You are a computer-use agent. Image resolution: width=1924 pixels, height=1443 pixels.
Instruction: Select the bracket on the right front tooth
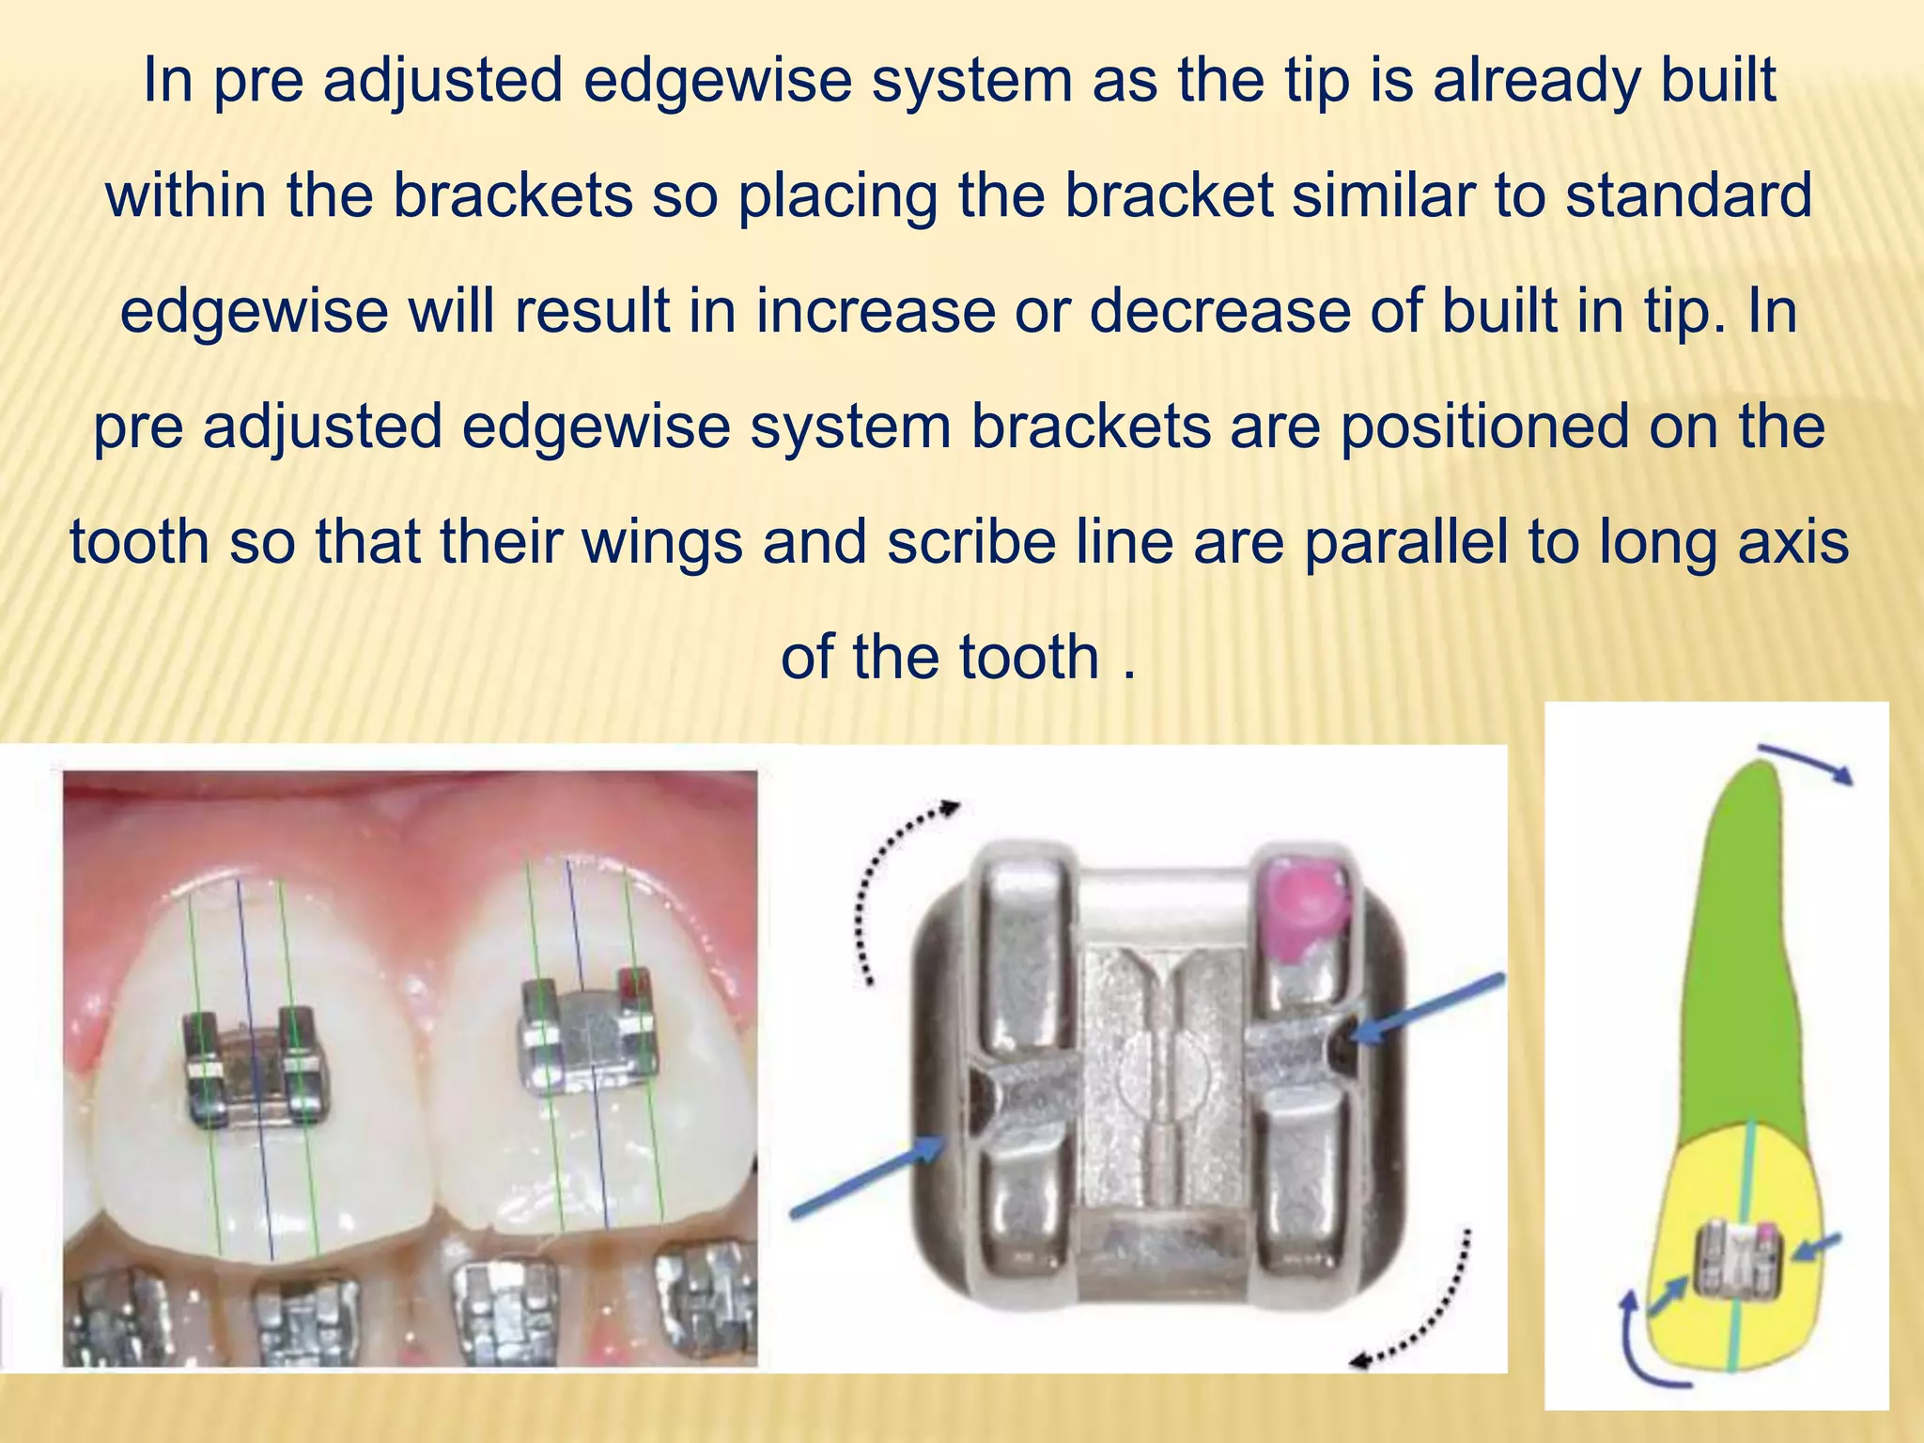586,1034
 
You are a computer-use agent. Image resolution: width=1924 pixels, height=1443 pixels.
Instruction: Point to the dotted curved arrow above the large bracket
892,883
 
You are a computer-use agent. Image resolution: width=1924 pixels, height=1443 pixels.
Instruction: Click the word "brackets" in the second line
512,195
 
